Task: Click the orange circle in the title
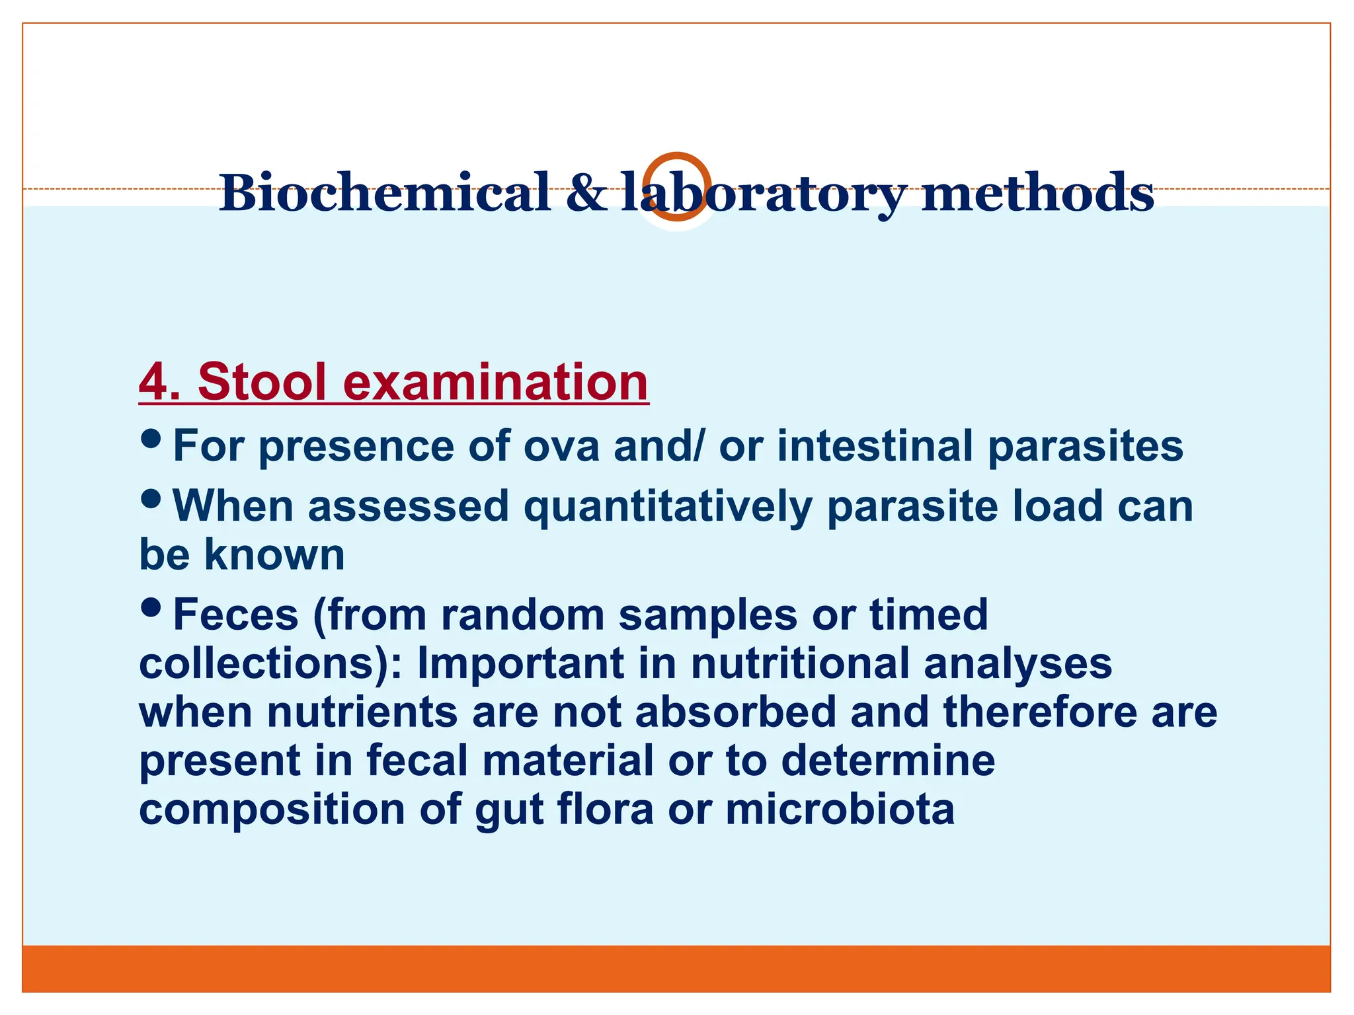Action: click(x=676, y=155)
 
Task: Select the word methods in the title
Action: click(x=1037, y=193)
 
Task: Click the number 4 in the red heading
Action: click(x=153, y=382)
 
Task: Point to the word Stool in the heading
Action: click(x=262, y=382)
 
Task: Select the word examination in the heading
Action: click(x=495, y=382)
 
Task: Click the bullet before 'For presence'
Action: click(x=151, y=437)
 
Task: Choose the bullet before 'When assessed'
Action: click(x=151, y=498)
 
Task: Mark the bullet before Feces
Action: click(x=151, y=607)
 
